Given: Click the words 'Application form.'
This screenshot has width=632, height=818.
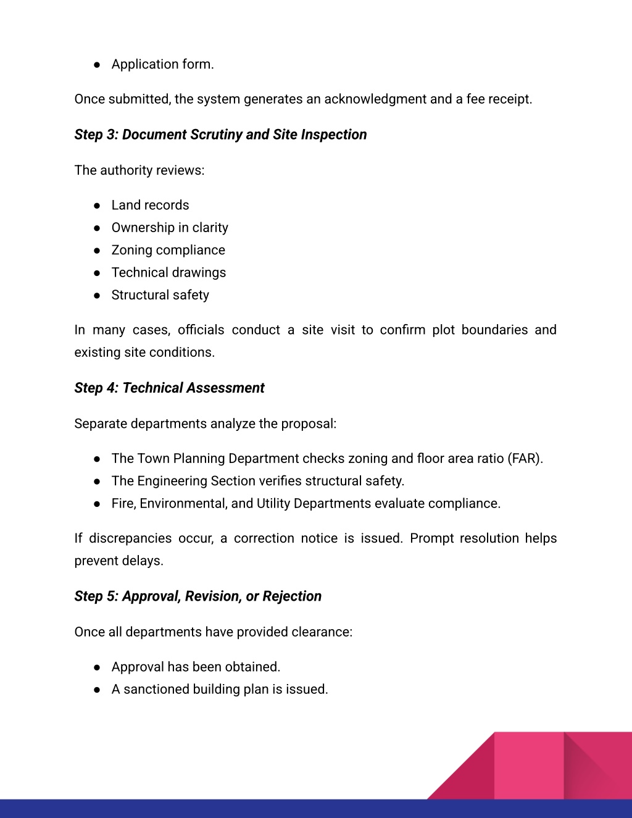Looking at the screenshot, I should pyautogui.click(x=162, y=64).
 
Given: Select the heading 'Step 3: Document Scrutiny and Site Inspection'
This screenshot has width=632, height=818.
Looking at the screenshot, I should pyautogui.click(x=220, y=135).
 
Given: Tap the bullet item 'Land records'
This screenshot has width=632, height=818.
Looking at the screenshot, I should pyautogui.click(x=150, y=205).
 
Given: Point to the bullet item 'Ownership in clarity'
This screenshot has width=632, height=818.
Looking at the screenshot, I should pyautogui.click(x=170, y=228).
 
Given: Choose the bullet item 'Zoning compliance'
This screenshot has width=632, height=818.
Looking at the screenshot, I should pyautogui.click(x=168, y=250).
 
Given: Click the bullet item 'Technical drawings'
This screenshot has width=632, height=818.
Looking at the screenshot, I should pyautogui.click(x=168, y=272).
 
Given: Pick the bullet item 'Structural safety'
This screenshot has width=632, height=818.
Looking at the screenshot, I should pyautogui.click(x=160, y=295).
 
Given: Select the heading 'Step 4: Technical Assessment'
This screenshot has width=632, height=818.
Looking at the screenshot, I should pyautogui.click(x=169, y=388).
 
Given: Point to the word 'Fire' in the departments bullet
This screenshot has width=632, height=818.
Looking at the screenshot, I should pyautogui.click(x=123, y=504).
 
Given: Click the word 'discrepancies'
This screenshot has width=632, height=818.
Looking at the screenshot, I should pyautogui.click(x=130, y=538).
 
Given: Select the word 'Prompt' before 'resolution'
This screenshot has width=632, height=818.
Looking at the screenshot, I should pyautogui.click(x=432, y=538).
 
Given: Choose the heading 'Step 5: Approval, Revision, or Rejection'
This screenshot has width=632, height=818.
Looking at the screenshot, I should pyautogui.click(x=197, y=596).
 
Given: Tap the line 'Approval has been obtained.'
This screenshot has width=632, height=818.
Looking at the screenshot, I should pyautogui.click(x=196, y=667).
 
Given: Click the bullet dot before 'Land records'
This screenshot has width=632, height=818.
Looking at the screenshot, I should pyautogui.click(x=97, y=206).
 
